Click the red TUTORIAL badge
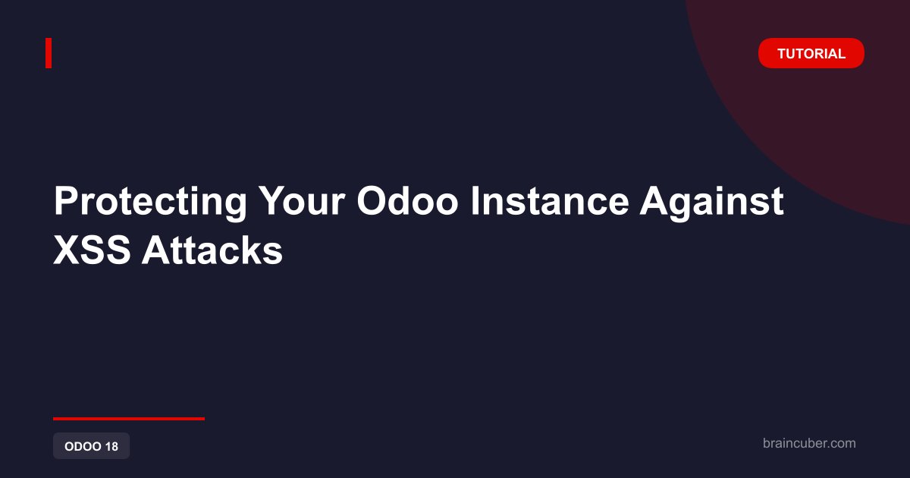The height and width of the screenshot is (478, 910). pyautogui.click(x=811, y=53)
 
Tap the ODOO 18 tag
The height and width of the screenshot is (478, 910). pyautogui.click(x=92, y=446)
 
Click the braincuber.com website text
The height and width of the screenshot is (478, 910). pyautogui.click(x=809, y=443)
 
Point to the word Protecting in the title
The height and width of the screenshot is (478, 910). pyautogui.click(x=150, y=202)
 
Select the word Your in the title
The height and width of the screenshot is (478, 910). pyautogui.click(x=303, y=200)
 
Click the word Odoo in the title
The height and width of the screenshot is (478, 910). pyautogui.click(x=407, y=200)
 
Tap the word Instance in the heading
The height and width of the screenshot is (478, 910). pyautogui.click(x=550, y=200)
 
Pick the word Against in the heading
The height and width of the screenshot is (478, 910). pyautogui.click(x=712, y=202)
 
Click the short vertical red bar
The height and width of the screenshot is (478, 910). pyautogui.click(x=49, y=53)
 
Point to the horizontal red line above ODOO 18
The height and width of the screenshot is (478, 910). pyautogui.click(x=129, y=418)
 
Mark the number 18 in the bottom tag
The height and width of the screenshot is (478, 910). pyautogui.click(x=111, y=446)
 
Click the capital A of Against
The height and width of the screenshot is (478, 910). pyautogui.click(x=654, y=200)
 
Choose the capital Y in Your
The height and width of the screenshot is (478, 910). pyautogui.click(x=272, y=200)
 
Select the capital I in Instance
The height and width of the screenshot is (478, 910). pyautogui.click(x=474, y=200)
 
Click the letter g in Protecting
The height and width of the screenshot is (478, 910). pyautogui.click(x=235, y=207)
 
